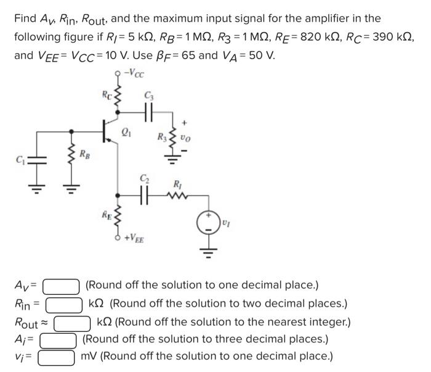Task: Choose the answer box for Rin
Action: tap(64, 304)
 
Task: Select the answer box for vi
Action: tap(58, 357)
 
